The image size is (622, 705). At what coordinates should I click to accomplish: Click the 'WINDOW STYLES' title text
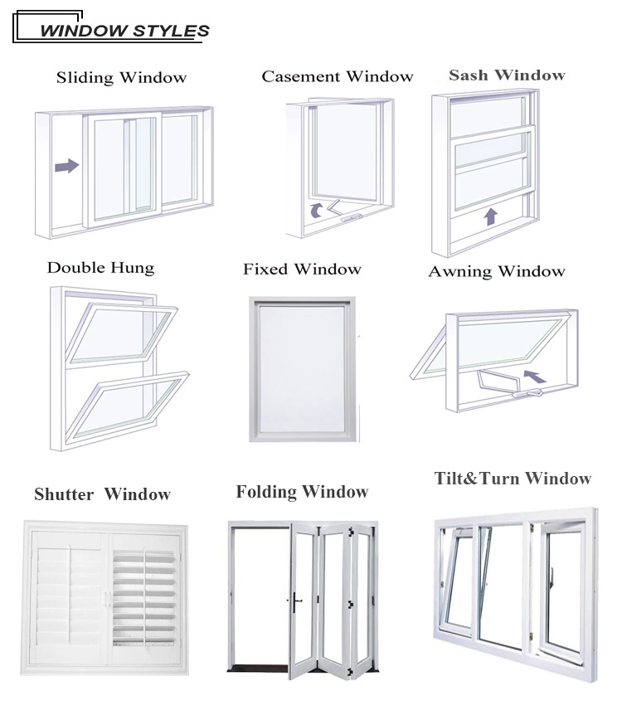coord(124,31)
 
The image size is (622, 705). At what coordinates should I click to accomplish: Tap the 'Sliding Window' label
coord(121,77)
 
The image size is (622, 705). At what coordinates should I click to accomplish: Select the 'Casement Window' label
coord(337,76)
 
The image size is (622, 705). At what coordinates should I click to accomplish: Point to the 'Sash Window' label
coord(507,75)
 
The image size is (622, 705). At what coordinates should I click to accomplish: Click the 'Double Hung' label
coord(100,268)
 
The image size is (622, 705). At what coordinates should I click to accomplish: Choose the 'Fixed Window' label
coord(302,269)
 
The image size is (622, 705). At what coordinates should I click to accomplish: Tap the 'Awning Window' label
coord(497,271)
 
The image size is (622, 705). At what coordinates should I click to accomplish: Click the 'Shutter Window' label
coord(103,494)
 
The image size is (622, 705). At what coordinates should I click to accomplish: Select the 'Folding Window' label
coord(302,492)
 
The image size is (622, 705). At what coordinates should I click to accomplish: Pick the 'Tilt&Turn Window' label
coord(513,478)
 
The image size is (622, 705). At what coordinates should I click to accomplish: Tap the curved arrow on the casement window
coord(317,210)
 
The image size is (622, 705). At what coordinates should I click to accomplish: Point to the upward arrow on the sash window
coord(490,216)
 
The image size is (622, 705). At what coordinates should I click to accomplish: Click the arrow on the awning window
coord(535,377)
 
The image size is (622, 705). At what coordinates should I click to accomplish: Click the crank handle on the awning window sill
coord(527,393)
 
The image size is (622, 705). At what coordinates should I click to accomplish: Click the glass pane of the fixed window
coord(302,369)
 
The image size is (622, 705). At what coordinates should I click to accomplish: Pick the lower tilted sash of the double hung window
coord(128,407)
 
